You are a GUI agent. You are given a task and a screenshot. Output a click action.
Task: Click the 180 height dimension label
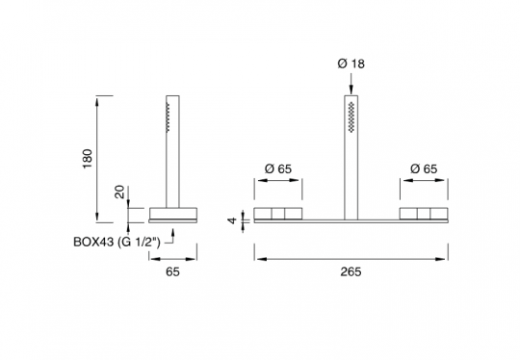click(x=88, y=159)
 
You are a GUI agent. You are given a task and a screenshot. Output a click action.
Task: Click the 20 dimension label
click(x=119, y=192)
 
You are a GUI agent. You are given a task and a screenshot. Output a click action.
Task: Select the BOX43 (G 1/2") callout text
click(x=117, y=242)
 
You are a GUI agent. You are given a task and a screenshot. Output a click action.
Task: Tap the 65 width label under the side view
click(x=172, y=271)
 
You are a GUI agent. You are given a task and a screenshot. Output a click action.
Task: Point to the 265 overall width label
click(x=351, y=271)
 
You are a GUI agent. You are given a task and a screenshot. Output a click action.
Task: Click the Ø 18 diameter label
click(x=351, y=64)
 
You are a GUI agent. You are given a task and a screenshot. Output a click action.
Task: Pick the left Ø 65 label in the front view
click(x=278, y=169)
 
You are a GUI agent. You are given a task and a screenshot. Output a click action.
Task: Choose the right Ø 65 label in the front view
click(x=424, y=169)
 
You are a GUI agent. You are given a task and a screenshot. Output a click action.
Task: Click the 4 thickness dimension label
click(x=233, y=220)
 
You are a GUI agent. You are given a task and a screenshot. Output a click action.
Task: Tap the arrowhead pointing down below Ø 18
click(x=351, y=90)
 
